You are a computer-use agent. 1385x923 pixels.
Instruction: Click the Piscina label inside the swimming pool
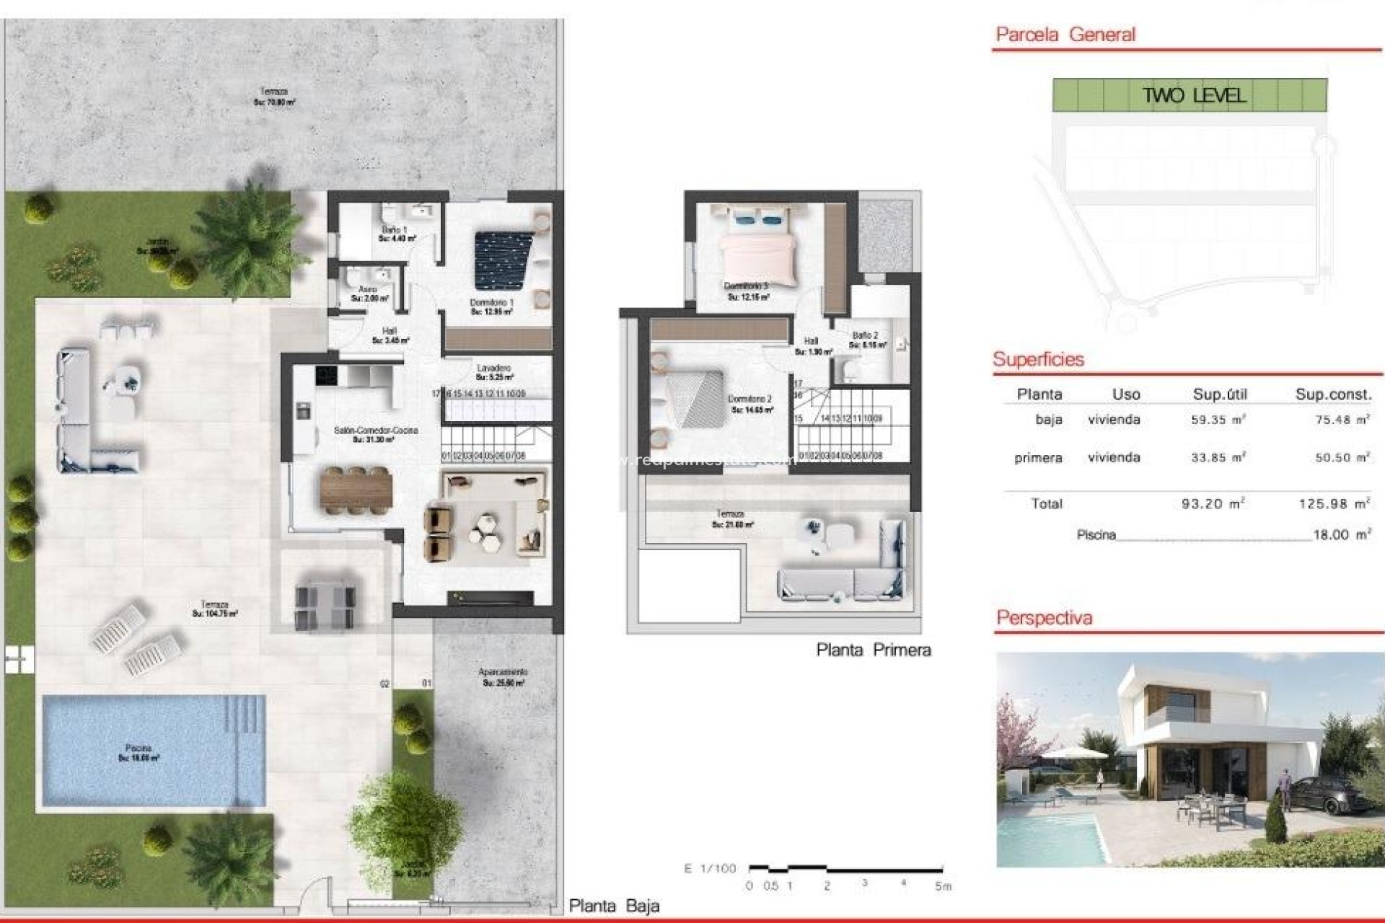pyautogui.click(x=138, y=753)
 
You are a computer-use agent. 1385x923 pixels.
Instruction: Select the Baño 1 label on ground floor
pyautogui.click(x=395, y=234)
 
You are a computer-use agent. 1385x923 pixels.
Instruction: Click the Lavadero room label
pyautogui.click(x=494, y=372)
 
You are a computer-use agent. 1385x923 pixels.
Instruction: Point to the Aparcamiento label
pyautogui.click(x=503, y=676)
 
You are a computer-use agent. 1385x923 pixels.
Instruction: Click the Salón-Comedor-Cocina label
pyautogui.click(x=375, y=434)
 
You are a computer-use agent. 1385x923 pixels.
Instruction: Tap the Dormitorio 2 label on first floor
pyautogui.click(x=750, y=404)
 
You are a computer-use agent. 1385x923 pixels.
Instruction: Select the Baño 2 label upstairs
pyautogui.click(x=865, y=340)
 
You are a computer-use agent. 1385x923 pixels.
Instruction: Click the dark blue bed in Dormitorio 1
pyautogui.click(x=503, y=260)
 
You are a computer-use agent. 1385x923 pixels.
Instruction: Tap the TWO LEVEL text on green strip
pyautogui.click(x=1194, y=95)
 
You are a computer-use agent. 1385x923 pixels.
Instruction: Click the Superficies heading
pyautogui.click(x=1038, y=359)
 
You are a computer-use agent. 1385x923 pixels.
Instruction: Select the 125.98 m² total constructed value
pyautogui.click(x=1334, y=503)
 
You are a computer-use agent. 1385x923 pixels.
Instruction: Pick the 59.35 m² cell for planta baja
pyautogui.click(x=1218, y=420)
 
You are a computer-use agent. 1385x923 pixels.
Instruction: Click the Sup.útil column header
pyautogui.click(x=1220, y=394)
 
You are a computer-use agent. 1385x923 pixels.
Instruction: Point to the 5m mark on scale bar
pyautogui.click(x=943, y=886)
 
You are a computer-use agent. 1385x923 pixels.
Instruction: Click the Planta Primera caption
pyautogui.click(x=873, y=650)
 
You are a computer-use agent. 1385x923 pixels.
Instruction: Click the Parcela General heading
pyautogui.click(x=1065, y=34)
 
